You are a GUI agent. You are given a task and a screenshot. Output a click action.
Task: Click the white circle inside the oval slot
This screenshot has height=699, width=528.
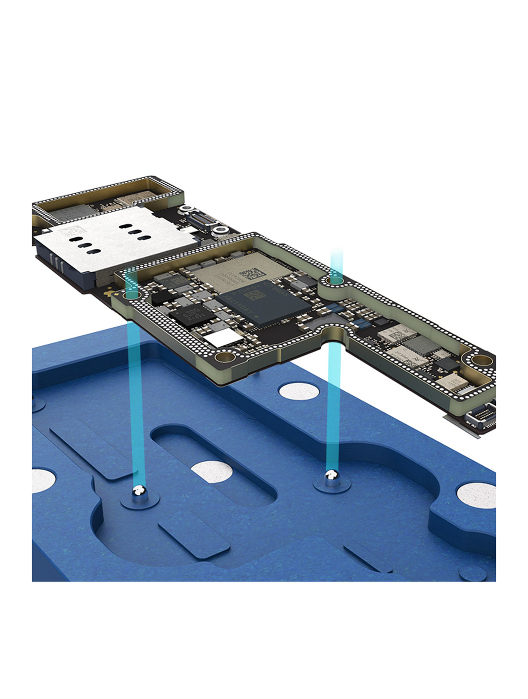(213, 473)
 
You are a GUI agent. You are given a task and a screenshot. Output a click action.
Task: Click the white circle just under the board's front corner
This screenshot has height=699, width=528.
(300, 391)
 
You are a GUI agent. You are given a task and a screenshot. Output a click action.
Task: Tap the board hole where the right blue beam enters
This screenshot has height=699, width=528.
(336, 280)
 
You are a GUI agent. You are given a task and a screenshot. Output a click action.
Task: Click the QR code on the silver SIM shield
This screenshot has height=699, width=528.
(70, 232)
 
